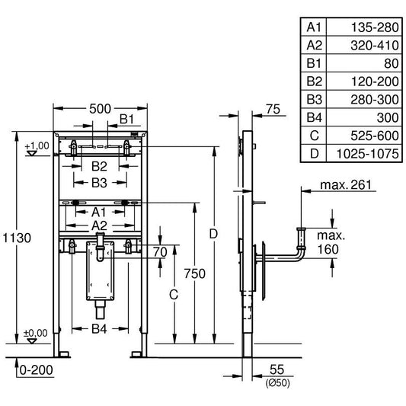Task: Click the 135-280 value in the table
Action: click(x=375, y=27)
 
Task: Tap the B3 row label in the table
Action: click(x=314, y=100)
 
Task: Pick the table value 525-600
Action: click(x=375, y=136)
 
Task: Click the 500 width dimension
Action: click(x=100, y=109)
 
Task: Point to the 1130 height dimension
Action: click(x=17, y=238)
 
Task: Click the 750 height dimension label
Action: click(x=195, y=273)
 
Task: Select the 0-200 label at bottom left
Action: click(x=37, y=370)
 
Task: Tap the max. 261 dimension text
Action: click(x=346, y=185)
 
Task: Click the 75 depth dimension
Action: click(x=273, y=109)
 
